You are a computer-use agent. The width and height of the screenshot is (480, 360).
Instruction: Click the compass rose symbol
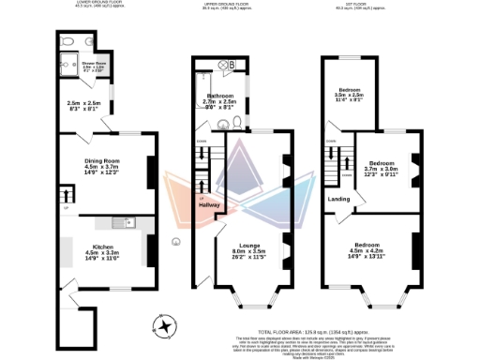point(167,325)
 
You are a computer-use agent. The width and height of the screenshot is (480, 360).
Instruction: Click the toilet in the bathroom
point(238,122)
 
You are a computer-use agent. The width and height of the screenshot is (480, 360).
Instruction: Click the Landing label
point(338,199)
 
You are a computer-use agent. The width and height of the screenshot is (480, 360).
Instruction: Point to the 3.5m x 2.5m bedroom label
point(350,89)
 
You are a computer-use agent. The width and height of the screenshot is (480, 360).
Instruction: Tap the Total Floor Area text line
point(325,332)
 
